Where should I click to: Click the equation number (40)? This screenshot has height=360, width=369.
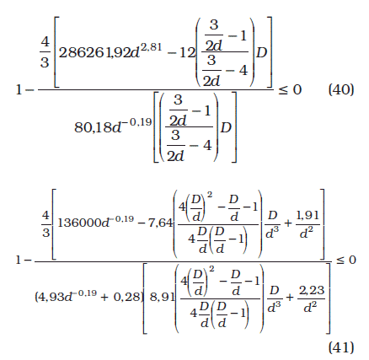[x=341, y=90]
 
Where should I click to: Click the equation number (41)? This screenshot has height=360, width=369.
[x=341, y=347]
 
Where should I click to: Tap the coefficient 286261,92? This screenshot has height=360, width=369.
[x=94, y=52]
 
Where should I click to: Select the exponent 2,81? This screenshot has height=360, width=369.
[x=152, y=46]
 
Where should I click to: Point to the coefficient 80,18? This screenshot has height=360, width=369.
[x=93, y=127]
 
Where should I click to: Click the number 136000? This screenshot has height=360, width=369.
[x=79, y=223]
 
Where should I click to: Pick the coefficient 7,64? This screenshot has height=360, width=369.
[x=160, y=223]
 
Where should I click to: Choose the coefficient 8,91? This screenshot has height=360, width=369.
[x=162, y=297]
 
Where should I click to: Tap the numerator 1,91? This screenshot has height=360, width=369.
[x=307, y=216]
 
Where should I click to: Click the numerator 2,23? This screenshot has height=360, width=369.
[x=312, y=290]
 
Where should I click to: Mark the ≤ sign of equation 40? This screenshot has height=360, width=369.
[x=283, y=90]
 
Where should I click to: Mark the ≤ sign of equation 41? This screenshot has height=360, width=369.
[x=340, y=261]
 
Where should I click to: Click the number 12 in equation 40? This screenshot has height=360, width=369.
[x=187, y=52]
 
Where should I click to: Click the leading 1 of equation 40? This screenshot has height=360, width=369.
[x=19, y=90]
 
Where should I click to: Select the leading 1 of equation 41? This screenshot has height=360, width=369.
[x=19, y=261]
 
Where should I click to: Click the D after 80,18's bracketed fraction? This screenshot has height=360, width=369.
[x=226, y=127]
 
